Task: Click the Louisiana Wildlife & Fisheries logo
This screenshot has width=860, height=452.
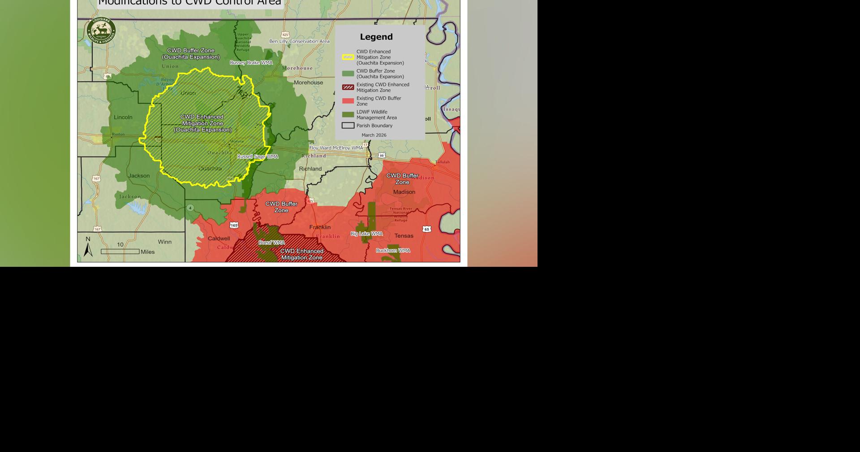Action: [x=101, y=31]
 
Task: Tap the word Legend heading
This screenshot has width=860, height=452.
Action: [x=376, y=37]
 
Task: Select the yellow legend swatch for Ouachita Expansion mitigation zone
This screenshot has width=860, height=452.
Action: [x=348, y=57]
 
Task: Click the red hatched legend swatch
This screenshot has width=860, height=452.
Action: [x=348, y=87]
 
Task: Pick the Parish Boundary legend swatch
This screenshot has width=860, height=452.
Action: [x=348, y=126]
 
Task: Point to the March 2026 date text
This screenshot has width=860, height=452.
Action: [x=374, y=135]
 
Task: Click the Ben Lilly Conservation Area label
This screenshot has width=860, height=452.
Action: [x=299, y=41]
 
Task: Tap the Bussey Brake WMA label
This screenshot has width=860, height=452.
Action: [x=251, y=63]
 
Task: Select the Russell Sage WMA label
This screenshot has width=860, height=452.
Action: [x=258, y=156]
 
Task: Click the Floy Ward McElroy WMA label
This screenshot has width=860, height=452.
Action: [x=336, y=148]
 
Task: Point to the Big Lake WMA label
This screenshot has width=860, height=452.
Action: [x=366, y=234]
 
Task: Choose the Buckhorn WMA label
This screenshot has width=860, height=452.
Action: [x=393, y=251]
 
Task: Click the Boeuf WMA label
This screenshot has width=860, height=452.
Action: [x=271, y=243]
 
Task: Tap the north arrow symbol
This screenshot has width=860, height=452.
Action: [x=88, y=248]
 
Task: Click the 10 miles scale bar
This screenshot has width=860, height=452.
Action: [x=120, y=251]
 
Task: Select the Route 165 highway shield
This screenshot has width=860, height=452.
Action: [x=234, y=225]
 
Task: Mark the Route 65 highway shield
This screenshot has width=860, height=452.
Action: [x=427, y=229]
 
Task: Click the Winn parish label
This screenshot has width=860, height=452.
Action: [x=164, y=242]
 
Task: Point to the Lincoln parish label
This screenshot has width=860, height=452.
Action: [x=123, y=117]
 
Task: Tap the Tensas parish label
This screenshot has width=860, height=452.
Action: [x=404, y=236]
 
